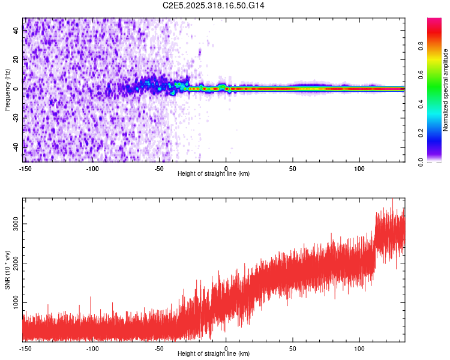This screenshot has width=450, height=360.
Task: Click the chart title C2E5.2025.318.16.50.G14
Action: click(214, 5)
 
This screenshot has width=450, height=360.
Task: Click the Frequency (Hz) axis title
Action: click(8, 89)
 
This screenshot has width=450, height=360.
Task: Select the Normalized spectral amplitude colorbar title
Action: click(446, 89)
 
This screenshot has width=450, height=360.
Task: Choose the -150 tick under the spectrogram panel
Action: click(25, 169)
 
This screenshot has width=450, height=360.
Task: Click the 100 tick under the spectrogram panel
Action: click(359, 169)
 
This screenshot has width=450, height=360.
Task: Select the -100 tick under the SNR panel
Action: click(92, 349)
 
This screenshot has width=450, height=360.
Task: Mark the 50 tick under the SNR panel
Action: click(293, 349)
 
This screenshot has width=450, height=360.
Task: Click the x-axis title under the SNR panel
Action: click(214, 355)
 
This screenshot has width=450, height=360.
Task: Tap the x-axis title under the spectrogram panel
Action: click(214, 174)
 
